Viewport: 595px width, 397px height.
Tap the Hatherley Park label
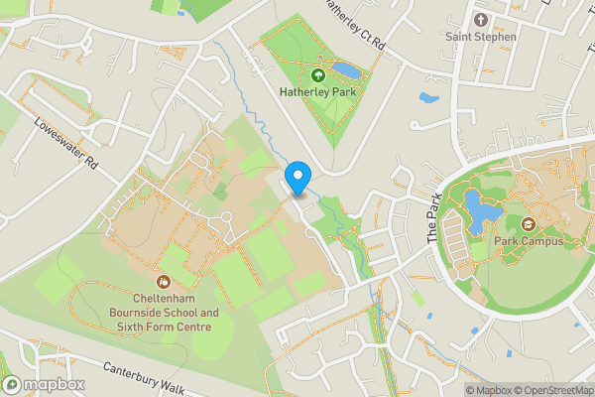(x=317, y=92)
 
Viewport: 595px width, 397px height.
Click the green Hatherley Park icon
(x=318, y=74)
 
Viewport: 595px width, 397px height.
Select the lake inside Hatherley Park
(x=347, y=70)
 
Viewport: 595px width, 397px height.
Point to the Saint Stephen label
(x=481, y=37)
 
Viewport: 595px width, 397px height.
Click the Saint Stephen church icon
(x=481, y=20)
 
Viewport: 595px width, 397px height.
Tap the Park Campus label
(x=529, y=241)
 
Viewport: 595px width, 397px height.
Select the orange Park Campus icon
(x=529, y=224)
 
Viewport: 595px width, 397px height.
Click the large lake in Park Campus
(x=478, y=211)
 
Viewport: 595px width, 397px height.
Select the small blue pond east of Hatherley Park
(x=428, y=98)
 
